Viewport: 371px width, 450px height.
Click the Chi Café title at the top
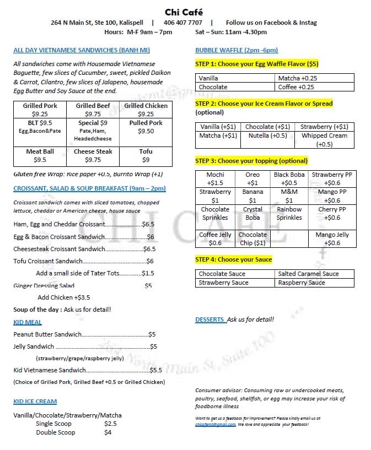click(x=184, y=12)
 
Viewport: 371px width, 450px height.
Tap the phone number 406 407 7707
click(x=182, y=23)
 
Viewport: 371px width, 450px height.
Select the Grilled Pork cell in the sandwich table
click(x=40, y=110)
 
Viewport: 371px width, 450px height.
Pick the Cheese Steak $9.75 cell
click(x=93, y=156)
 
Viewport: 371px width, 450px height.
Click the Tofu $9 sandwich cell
click(x=146, y=156)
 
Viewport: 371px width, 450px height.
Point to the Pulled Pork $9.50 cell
click(x=146, y=127)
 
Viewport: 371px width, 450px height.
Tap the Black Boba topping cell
click(x=289, y=178)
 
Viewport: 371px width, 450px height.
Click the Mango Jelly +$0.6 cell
click(x=332, y=238)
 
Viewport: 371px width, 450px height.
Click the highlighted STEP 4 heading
click(x=234, y=259)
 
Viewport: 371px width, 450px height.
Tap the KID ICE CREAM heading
click(x=35, y=401)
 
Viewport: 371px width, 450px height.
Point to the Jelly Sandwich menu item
click(x=34, y=346)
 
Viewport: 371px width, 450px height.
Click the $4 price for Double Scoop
click(x=108, y=432)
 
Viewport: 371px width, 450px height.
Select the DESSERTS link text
click(x=209, y=319)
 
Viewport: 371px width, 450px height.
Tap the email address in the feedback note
click(x=216, y=425)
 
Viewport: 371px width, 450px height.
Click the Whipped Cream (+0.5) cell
click(x=324, y=139)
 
